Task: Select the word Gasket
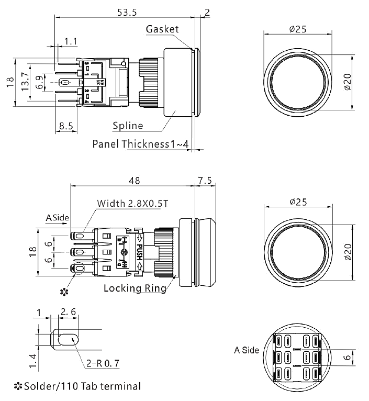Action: pos(163,29)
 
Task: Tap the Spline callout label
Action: pos(128,126)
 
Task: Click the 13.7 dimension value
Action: pos(24,82)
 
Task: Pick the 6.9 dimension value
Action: pos(38,82)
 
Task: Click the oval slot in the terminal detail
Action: pos(66,340)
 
